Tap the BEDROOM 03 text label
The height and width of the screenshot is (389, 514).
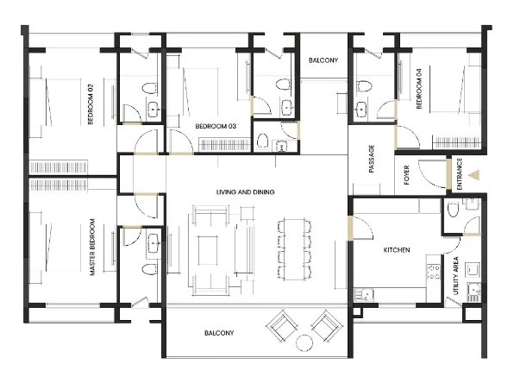coord(216,126)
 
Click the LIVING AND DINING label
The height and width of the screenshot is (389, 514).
coord(246,191)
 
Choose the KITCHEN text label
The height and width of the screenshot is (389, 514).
coord(397,250)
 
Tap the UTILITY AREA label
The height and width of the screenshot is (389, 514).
coord(455,276)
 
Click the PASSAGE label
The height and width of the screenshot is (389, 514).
coord(372,159)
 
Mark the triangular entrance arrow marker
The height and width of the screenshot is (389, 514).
coord(473,174)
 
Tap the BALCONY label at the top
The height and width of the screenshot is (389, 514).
coord(323,60)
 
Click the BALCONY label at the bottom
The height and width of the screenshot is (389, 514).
coord(219,333)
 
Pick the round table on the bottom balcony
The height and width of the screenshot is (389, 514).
coord(303,343)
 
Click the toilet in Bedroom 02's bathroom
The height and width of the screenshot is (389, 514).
coord(148,88)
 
